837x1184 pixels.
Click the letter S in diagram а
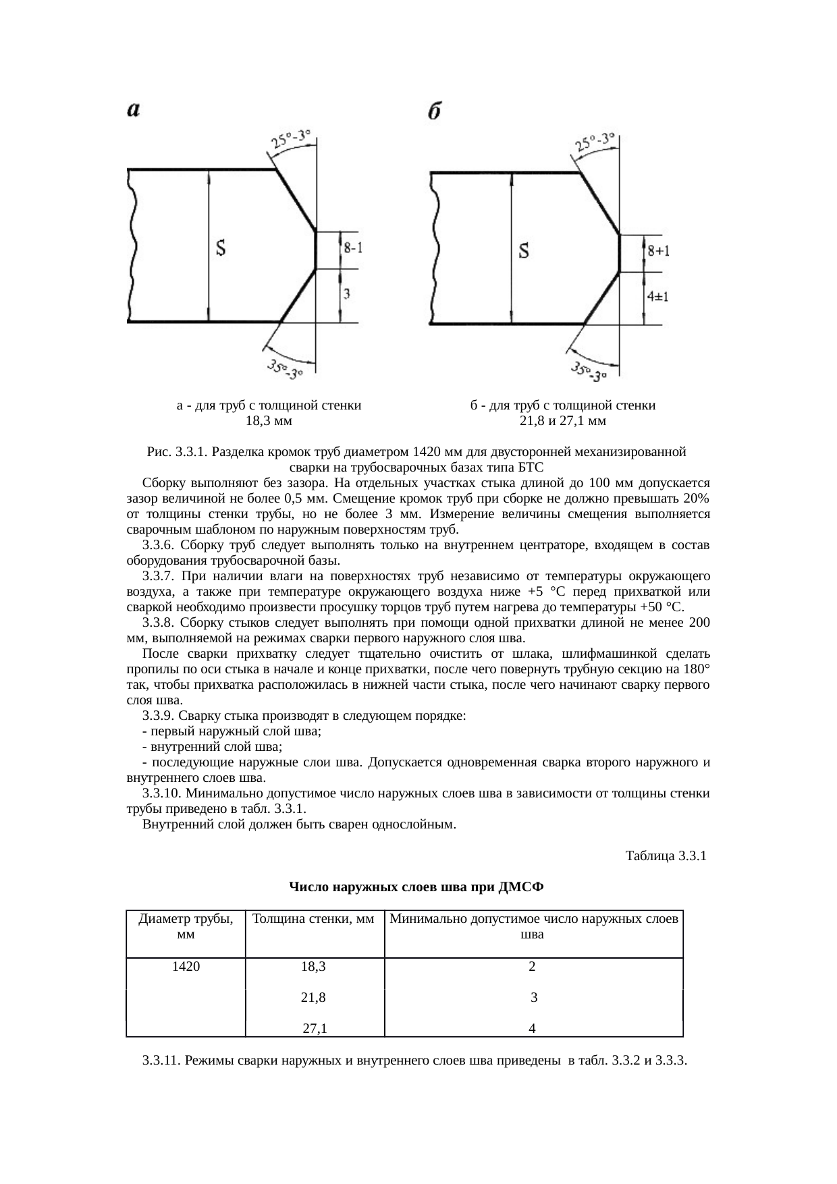[220, 249]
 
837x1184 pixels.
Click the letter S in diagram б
[524, 252]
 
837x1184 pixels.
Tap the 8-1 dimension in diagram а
[353, 248]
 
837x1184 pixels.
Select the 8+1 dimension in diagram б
[658, 251]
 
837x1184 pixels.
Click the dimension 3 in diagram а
[347, 293]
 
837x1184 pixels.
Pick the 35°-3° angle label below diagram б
[589, 372]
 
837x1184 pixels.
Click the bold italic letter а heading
[134, 110]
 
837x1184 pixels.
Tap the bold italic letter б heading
[435, 112]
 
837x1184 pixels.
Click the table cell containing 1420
[186, 967]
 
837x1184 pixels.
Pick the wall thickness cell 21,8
[313, 997]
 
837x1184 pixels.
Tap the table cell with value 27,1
[315, 1029]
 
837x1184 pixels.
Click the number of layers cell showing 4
[533, 1029]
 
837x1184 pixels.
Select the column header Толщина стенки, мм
[313, 919]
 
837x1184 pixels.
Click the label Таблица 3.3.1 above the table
[666, 856]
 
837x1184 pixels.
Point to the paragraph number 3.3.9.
[159, 716]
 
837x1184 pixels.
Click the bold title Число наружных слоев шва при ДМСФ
[416, 886]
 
